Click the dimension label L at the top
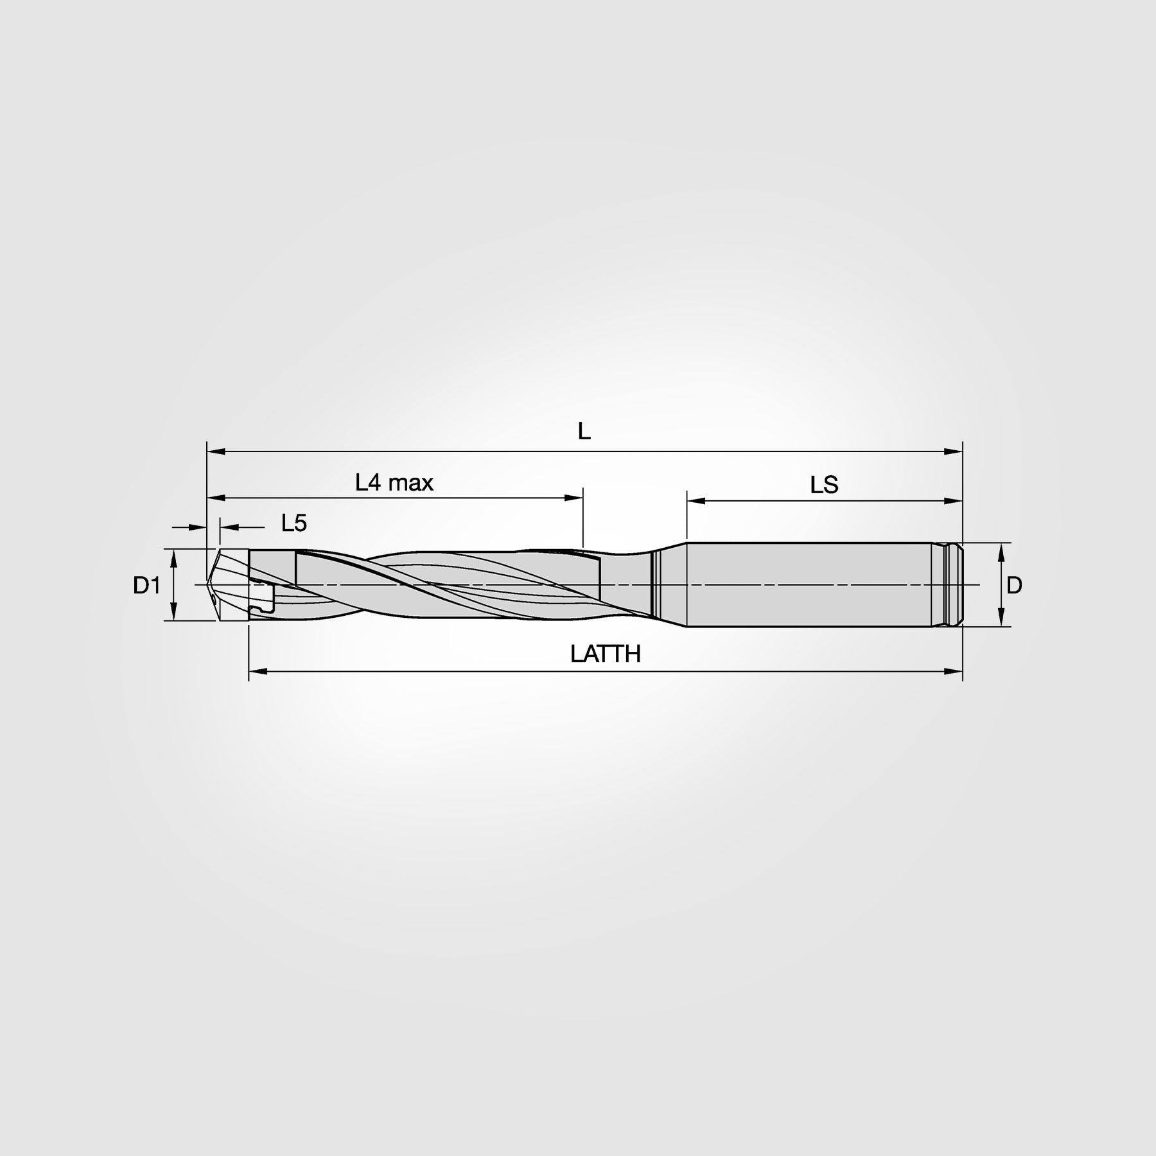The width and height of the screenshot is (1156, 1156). click(x=584, y=432)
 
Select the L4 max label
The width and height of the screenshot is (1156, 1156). click(x=394, y=482)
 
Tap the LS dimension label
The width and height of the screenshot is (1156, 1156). click(x=824, y=485)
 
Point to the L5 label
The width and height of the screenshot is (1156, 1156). click(x=294, y=523)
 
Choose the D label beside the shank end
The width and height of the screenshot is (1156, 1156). click(x=1014, y=585)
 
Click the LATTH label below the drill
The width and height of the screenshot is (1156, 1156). click(x=606, y=654)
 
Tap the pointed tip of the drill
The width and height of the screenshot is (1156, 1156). click(x=209, y=584)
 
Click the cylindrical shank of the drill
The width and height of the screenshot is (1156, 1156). click(x=809, y=584)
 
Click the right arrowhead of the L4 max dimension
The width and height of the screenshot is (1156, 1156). click(x=574, y=498)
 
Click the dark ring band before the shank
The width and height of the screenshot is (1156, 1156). click(x=654, y=584)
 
